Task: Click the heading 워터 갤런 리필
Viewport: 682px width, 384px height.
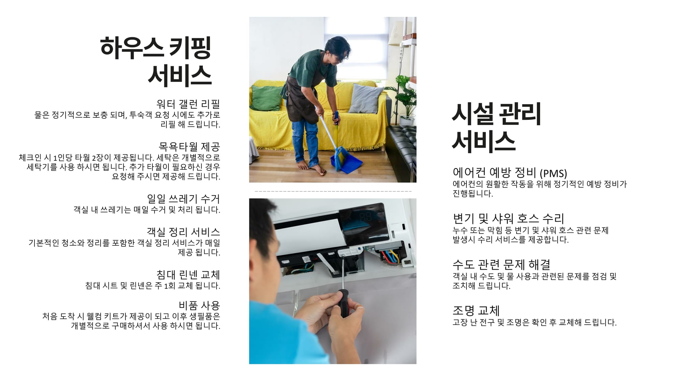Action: click(x=188, y=104)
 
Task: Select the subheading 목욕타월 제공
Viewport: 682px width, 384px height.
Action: click(x=189, y=147)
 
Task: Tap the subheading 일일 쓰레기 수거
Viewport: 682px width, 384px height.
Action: click(x=183, y=199)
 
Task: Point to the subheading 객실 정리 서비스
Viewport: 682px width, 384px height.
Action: click(x=183, y=232)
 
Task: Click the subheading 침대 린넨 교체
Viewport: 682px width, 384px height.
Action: click(x=188, y=275)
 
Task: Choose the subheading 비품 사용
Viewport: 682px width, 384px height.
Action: click(x=199, y=305)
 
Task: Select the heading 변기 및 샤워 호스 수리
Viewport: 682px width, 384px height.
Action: click(x=508, y=218)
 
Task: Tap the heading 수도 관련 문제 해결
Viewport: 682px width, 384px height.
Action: click(x=501, y=265)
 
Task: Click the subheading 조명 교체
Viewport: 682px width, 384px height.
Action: click(x=476, y=311)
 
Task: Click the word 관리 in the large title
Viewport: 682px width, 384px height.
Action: click(x=520, y=114)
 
